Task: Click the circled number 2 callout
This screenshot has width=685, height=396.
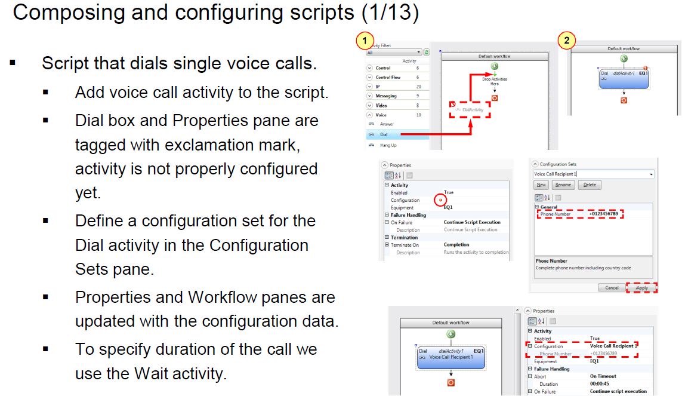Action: [566, 41]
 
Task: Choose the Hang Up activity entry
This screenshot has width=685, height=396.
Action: [388, 145]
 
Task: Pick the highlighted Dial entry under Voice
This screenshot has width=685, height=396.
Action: [384, 134]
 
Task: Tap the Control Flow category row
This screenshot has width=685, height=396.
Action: [388, 77]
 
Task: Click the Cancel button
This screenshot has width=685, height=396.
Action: [612, 287]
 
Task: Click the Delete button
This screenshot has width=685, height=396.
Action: [590, 185]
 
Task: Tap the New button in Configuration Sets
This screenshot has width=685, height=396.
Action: [541, 185]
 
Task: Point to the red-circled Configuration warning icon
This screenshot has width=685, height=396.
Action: [441, 200]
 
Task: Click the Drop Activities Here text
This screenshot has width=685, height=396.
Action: [494, 81]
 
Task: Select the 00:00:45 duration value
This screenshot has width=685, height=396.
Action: [601, 384]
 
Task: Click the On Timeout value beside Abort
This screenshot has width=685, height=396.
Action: [603, 376]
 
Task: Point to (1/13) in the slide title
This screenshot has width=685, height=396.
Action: [388, 13]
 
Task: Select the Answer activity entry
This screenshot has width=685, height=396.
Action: [387, 124]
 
